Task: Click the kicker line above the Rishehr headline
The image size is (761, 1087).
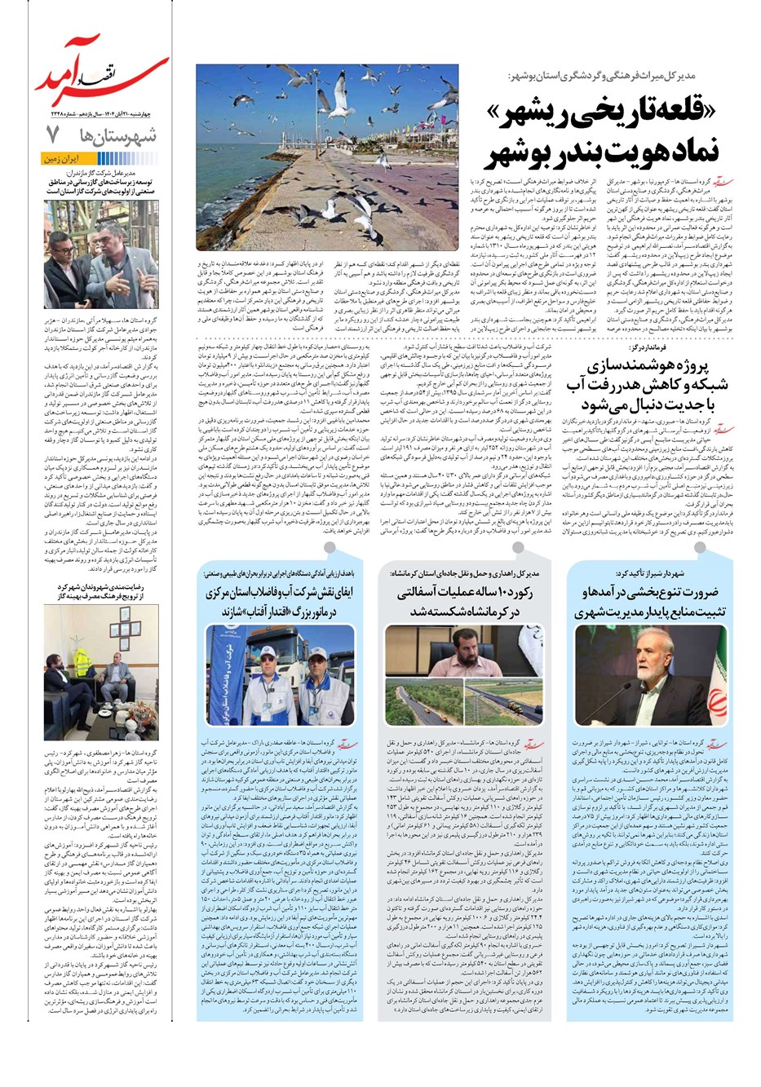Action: click(x=612, y=76)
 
